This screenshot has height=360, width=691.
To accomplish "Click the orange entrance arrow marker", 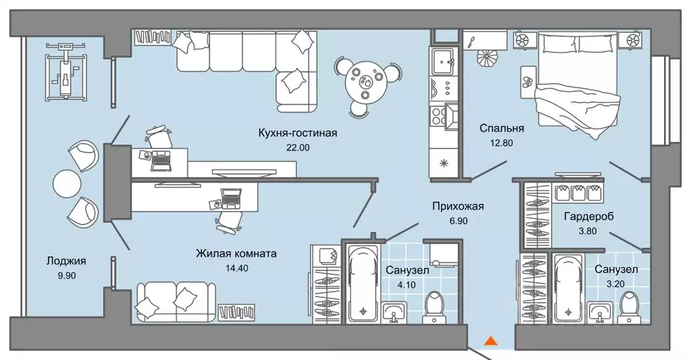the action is pos(490,340).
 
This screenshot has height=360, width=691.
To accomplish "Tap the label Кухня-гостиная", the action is pos(297,132).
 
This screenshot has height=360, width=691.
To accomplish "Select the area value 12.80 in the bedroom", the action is pos(501,143).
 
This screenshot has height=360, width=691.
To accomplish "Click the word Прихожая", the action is pos(458,206).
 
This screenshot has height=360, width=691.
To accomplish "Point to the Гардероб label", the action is pos(588,216).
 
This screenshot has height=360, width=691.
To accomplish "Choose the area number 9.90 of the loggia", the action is pos(66,276).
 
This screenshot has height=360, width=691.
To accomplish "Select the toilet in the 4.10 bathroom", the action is pos(435,307).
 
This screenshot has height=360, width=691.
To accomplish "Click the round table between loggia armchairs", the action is pos(68,184).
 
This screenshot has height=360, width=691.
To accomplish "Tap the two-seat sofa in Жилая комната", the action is pos(176,303).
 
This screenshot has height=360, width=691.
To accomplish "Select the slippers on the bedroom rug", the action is pos(528,82).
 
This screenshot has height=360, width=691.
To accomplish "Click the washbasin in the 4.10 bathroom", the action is pos(396,313).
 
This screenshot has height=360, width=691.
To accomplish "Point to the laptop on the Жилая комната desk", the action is pos(231,199).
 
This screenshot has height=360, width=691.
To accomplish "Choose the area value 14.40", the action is pos(236,268).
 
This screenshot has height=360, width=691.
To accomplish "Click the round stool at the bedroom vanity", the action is pos(488,57).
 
